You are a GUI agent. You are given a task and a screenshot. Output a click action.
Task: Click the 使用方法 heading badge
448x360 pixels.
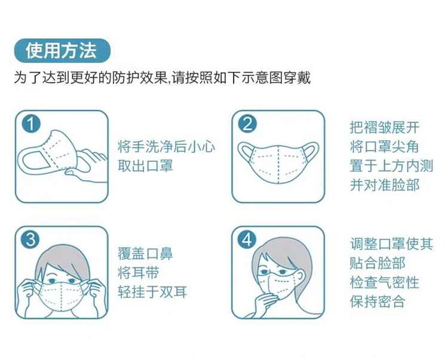click(62, 51)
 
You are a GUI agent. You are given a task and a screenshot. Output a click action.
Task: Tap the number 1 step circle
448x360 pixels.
click(31, 124)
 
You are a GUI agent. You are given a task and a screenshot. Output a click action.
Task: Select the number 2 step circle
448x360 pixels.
click(247, 124)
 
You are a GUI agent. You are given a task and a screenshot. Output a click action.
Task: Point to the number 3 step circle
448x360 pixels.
click(31, 240)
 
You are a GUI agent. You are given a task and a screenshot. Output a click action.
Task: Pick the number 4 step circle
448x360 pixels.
click(247, 240)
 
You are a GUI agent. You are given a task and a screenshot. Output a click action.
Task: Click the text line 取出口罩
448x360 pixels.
click(145, 165)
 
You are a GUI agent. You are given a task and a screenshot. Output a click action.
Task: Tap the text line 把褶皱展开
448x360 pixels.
click(385, 127)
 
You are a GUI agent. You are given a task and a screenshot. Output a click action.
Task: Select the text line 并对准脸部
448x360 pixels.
click(385, 185)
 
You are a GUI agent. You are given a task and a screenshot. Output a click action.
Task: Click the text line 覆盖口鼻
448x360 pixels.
click(145, 254)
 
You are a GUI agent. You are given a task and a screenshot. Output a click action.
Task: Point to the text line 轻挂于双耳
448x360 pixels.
click(152, 292)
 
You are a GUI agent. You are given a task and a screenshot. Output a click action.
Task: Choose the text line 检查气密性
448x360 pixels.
click(385, 282)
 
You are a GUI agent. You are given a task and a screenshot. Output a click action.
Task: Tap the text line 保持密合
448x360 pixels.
click(378, 301)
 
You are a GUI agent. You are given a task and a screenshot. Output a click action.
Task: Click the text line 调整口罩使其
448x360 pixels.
click(391, 244)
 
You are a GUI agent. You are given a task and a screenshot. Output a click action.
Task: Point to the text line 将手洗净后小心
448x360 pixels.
click(166, 147)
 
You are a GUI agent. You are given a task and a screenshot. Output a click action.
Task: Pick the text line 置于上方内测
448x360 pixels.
click(391, 166)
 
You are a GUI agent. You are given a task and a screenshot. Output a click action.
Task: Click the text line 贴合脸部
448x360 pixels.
click(378, 263)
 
